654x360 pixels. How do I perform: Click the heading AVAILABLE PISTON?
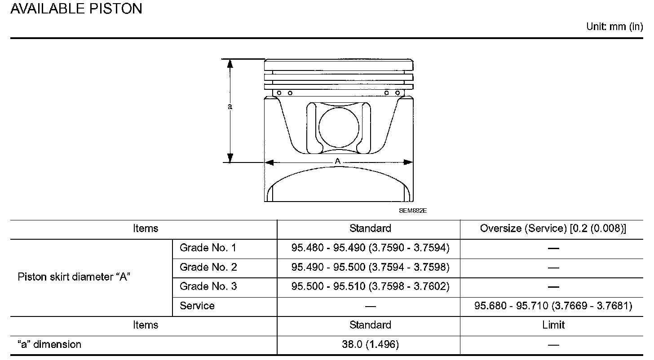76,9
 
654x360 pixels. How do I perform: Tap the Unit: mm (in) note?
614,26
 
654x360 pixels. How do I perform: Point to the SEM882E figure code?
412,211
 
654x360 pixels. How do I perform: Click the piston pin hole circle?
339,127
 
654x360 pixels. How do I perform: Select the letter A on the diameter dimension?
337,161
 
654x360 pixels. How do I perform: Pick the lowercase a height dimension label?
230,107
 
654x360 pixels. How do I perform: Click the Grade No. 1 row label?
208,248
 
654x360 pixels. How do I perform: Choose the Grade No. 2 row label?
208,267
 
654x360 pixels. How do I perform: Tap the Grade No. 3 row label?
208,286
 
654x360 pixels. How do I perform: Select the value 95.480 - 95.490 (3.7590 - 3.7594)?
370,248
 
